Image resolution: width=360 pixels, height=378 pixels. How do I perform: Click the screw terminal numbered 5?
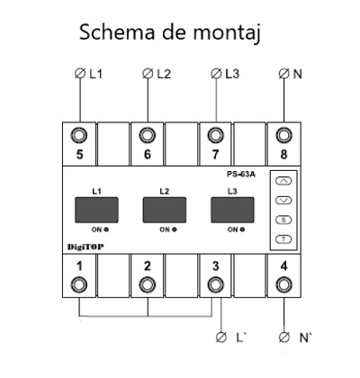(x=79, y=135)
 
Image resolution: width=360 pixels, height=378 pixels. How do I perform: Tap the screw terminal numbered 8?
(x=283, y=135)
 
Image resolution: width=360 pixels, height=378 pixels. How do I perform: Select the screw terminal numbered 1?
(x=79, y=284)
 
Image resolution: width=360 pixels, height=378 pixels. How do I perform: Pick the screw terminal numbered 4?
(x=283, y=284)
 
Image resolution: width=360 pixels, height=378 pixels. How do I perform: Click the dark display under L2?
(x=165, y=210)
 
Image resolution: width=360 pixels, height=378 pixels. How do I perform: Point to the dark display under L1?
(x=96, y=210)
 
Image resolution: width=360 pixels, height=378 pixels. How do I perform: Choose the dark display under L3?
(x=232, y=210)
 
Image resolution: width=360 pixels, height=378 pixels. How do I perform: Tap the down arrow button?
(x=283, y=200)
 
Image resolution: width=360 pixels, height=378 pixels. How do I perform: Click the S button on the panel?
(x=283, y=220)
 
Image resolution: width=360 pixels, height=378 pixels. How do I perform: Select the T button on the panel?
(x=283, y=239)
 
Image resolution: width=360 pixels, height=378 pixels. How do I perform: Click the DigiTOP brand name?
(x=85, y=247)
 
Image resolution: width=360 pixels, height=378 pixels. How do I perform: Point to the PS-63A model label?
(x=241, y=175)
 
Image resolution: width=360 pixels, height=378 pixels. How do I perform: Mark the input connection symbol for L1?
(x=80, y=74)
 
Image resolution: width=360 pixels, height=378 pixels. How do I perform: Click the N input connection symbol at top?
(x=283, y=74)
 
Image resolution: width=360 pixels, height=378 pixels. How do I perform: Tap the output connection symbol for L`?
(x=221, y=337)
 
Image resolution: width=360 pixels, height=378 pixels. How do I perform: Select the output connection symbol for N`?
(x=283, y=337)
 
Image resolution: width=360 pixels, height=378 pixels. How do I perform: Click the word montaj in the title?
(x=226, y=32)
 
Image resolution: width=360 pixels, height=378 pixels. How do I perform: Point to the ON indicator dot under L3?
(x=242, y=229)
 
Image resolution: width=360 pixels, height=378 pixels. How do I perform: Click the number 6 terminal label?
(x=148, y=155)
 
